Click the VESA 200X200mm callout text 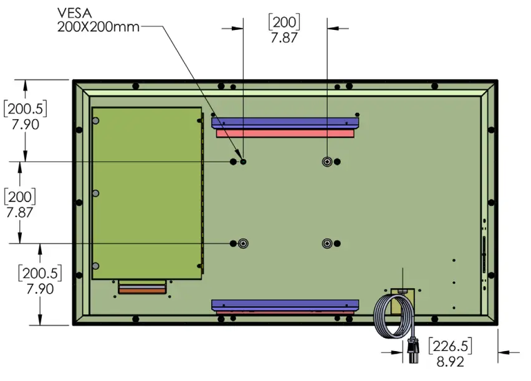click(98, 20)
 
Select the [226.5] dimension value click(450, 346)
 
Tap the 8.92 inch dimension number click(450, 362)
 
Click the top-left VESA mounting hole click(243, 162)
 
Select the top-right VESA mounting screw click(327, 162)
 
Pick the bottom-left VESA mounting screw click(243, 243)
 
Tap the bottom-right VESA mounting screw click(327, 243)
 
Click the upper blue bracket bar click(285, 123)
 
